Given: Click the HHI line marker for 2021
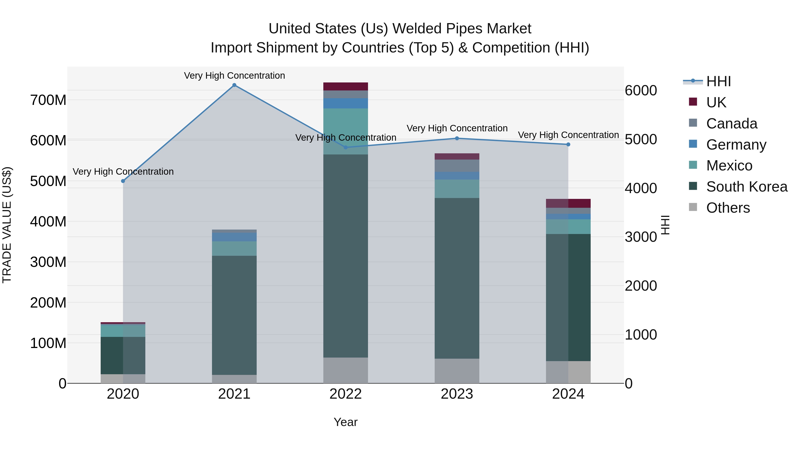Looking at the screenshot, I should (x=234, y=85).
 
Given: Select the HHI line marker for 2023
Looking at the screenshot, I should (x=457, y=138).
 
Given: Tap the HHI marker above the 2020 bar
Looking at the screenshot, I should (x=123, y=181).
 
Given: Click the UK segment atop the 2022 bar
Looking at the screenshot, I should (x=345, y=87).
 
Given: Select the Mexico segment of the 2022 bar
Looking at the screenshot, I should (x=345, y=131).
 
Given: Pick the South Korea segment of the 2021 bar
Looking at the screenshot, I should (x=234, y=315).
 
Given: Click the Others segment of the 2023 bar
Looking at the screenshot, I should (x=457, y=371).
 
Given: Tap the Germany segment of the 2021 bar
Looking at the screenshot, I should (x=234, y=237).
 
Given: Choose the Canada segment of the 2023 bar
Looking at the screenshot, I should (x=457, y=166).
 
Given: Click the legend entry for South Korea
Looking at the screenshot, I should (x=747, y=187).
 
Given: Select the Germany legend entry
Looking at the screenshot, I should (x=736, y=145).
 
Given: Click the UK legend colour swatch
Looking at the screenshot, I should (x=693, y=102).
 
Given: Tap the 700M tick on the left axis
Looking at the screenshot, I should (x=48, y=100).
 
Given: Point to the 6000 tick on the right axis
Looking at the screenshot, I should (x=641, y=91).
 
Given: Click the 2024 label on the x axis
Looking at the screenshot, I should (x=568, y=394).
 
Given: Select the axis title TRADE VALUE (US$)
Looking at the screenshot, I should (x=7, y=225).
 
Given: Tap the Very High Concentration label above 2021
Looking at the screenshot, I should (x=234, y=76).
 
